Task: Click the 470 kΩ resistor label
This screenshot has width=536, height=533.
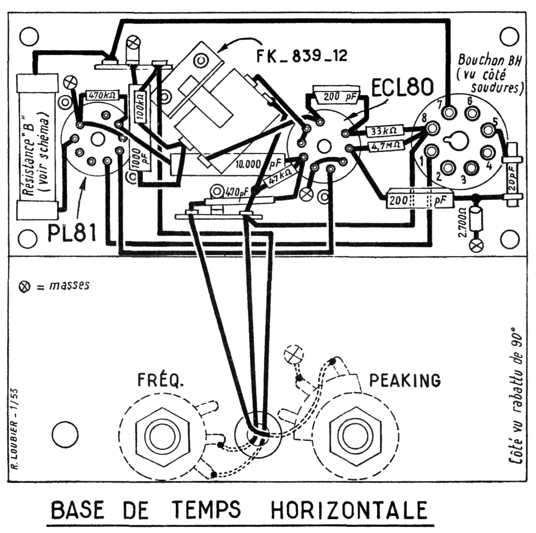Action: click(x=102, y=96)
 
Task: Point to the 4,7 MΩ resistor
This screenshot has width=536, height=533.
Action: click(x=385, y=146)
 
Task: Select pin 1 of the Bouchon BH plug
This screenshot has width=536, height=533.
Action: click(x=431, y=151)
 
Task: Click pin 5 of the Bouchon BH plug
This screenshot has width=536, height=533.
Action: click(x=488, y=130)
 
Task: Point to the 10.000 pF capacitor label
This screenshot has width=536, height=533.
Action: click(x=259, y=163)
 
